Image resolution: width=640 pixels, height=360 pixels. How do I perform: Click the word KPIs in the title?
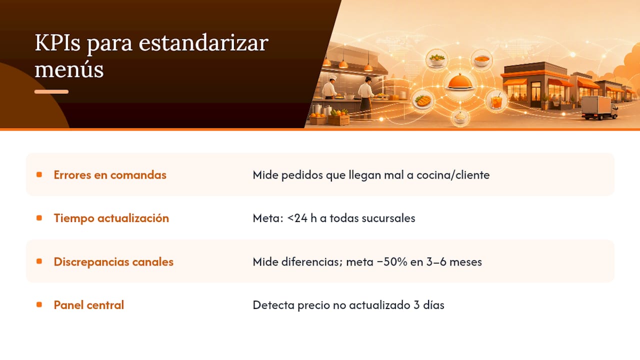(x=57, y=43)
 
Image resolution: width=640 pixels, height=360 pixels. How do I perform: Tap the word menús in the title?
(x=69, y=69)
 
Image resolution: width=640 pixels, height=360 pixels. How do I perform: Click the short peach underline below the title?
(x=51, y=91)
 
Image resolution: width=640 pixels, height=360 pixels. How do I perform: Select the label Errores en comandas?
(x=110, y=175)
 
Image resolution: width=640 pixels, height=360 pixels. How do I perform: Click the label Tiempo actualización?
(x=111, y=218)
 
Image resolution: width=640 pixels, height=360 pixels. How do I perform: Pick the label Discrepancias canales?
(x=113, y=261)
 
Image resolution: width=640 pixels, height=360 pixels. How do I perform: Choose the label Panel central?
(x=89, y=305)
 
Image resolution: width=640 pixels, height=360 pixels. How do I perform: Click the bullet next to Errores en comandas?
(x=39, y=174)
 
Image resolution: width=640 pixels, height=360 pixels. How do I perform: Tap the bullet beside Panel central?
(x=39, y=304)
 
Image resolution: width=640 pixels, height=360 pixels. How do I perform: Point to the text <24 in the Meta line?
(x=297, y=218)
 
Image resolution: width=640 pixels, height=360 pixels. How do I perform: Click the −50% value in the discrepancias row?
(x=392, y=261)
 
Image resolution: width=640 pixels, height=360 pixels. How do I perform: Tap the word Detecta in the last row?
(x=273, y=305)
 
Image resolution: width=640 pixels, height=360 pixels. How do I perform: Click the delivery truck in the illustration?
(x=599, y=107)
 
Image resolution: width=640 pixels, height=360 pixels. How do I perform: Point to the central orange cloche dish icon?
(x=460, y=81)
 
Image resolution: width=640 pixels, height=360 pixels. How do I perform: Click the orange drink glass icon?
(x=496, y=101)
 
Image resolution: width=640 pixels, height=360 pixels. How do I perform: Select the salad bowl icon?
(x=437, y=59)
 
